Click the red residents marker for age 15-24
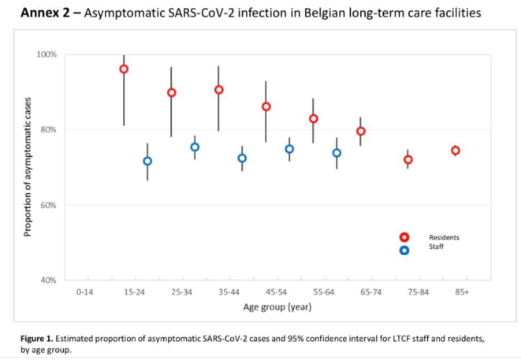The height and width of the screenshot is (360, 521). pyautogui.click(x=124, y=69)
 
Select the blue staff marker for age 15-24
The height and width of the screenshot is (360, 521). pyautogui.click(x=147, y=161)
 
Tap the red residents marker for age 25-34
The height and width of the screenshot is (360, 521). pyautogui.click(x=171, y=93)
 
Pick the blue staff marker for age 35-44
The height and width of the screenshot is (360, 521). pyautogui.click(x=242, y=158)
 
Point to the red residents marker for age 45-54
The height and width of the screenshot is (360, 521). pyautogui.click(x=266, y=107)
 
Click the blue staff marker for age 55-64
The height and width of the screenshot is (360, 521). pyautogui.click(x=337, y=154)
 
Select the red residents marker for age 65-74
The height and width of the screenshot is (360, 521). pyautogui.click(x=360, y=132)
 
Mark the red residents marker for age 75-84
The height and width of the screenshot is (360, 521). pyautogui.click(x=407, y=160)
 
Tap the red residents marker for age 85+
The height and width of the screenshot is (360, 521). pyautogui.click(x=455, y=150)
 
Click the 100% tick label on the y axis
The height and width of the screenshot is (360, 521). pyautogui.click(x=47, y=55)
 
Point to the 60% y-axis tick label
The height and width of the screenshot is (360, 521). pyautogui.click(x=49, y=206)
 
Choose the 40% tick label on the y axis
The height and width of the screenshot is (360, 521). pyautogui.click(x=49, y=280)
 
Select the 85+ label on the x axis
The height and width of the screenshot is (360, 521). pyautogui.click(x=462, y=292)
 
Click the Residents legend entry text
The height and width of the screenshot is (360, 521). pyautogui.click(x=444, y=237)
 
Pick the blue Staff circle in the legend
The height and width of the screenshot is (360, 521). pyautogui.click(x=404, y=251)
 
